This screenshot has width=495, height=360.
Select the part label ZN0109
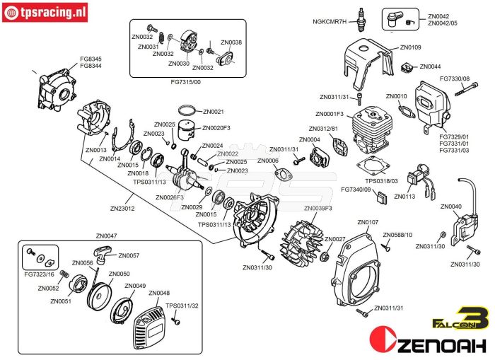pyautogui.click(x=411, y=47)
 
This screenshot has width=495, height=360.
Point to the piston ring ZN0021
pyautogui.click(x=187, y=112)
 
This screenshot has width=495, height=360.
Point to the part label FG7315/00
pyautogui.click(x=186, y=82)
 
